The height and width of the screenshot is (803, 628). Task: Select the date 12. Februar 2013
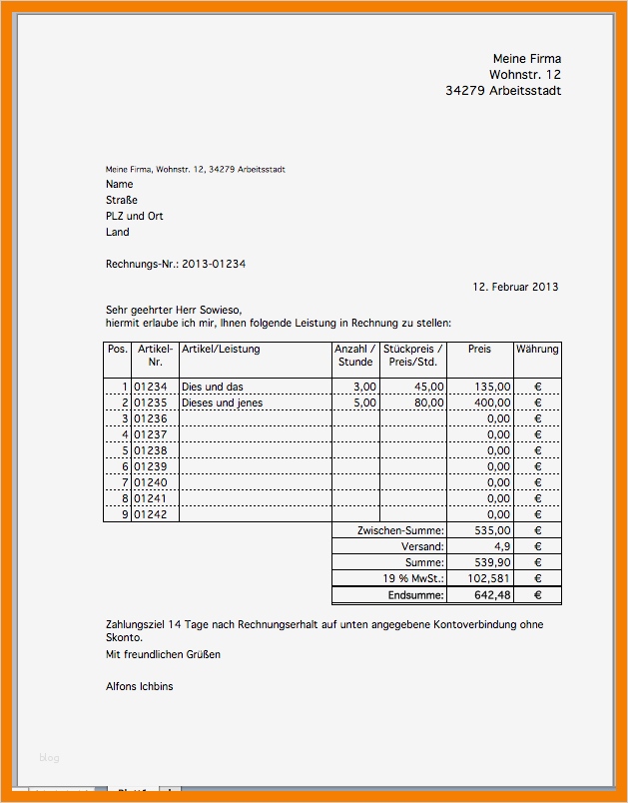tap(515, 287)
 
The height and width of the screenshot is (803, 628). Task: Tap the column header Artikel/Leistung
tap(221, 350)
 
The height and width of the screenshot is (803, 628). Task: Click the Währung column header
tap(537, 350)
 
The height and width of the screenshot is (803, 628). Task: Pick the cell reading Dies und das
tap(213, 388)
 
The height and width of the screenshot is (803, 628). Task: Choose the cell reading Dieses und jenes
tap(221, 403)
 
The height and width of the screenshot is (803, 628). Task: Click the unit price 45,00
tap(428, 388)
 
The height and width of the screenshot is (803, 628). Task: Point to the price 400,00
tap(491, 403)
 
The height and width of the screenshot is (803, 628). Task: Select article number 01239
tap(151, 466)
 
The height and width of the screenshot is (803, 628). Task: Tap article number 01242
tap(151, 514)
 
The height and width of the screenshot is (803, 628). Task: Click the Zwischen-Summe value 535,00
tap(491, 531)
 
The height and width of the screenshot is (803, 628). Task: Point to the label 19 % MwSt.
tap(414, 578)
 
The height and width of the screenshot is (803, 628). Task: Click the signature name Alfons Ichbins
tap(139, 686)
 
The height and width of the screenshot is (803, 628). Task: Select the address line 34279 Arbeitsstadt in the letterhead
tap(503, 91)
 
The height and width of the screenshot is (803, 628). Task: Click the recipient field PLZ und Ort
tap(135, 216)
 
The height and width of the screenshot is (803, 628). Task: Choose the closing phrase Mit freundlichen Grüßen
tap(163, 654)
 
